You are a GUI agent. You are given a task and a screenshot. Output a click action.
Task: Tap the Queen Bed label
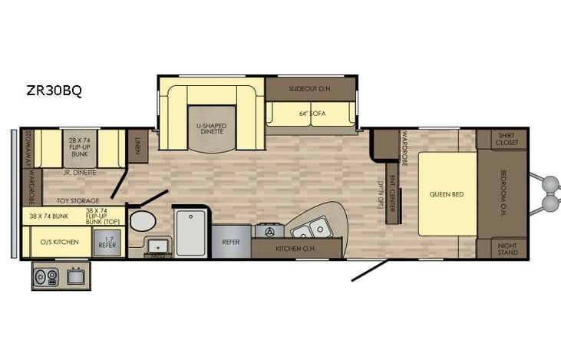tap(447, 194)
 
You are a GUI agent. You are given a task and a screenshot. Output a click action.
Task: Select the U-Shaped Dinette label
tap(206, 127)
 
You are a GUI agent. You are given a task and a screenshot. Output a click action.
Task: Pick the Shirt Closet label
tap(507, 138)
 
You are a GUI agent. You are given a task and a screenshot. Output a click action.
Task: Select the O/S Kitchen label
tap(59, 242)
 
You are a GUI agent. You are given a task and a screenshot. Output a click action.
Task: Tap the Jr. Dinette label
tap(80, 173)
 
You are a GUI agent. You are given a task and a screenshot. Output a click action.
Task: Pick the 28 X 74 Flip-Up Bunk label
tap(80, 145)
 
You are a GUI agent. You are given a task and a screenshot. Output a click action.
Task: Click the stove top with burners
tap(270, 230)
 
